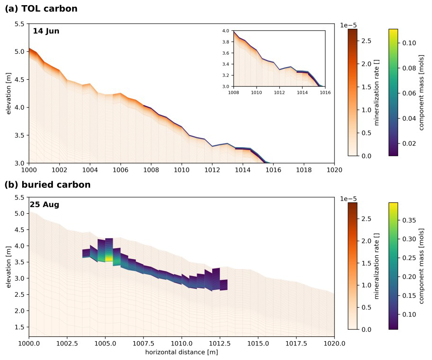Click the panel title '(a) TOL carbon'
(x=41, y=8)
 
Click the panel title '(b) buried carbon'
(x=48, y=184)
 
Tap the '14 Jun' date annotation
(x=46, y=31)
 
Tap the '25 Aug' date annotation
(x=45, y=204)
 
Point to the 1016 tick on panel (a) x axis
(x=273, y=170)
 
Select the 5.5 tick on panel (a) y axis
(x=19, y=24)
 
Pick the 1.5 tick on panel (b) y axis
(x=19, y=327)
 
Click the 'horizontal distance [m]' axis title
(x=182, y=352)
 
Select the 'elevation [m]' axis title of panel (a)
(x=8, y=93)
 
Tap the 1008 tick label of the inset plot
(x=233, y=92)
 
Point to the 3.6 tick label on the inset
(x=225, y=53)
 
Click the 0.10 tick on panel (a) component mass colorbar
(x=409, y=43)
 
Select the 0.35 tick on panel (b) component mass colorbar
(x=409, y=220)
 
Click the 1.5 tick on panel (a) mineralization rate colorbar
(x=366, y=87)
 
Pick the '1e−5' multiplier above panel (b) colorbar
(x=349, y=199)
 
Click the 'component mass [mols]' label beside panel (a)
(x=421, y=92)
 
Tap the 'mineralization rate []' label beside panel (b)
(x=377, y=266)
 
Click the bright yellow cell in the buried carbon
(x=109, y=258)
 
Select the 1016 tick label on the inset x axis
(x=325, y=92)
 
